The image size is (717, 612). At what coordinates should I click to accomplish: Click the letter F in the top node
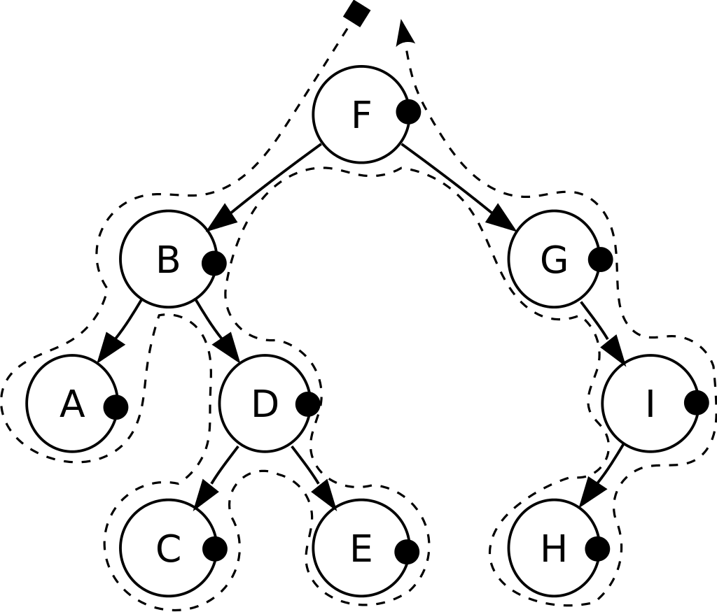(361, 115)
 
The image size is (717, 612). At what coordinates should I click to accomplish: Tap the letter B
(168, 261)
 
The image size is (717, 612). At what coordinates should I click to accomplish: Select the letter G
(554, 261)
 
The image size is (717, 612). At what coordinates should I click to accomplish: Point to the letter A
(72, 405)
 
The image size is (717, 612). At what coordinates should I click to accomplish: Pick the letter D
(265, 405)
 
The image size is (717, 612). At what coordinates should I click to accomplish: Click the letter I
(650, 405)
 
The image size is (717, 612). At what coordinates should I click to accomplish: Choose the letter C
(168, 550)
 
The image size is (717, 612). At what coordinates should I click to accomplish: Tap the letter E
(361, 550)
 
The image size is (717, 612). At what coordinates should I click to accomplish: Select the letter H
(554, 550)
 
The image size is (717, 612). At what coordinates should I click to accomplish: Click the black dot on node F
(405, 112)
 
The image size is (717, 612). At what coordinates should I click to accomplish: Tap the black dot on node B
(211, 263)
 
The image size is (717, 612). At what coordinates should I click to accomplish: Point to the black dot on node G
(597, 259)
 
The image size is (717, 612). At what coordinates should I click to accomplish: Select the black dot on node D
(305, 404)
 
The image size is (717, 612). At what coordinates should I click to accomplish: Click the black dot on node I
(692, 403)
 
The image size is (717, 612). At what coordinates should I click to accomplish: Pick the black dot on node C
(211, 549)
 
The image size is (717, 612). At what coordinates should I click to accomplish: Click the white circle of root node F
(343, 140)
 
